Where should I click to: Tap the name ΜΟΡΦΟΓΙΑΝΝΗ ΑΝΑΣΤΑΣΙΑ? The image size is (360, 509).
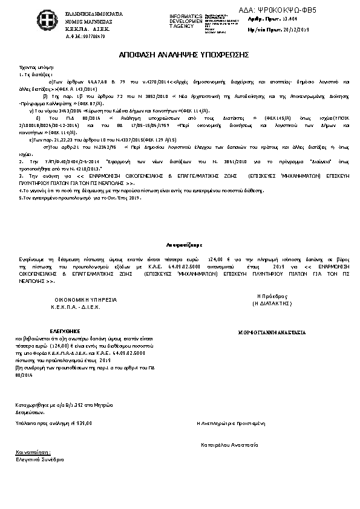coord(272,332)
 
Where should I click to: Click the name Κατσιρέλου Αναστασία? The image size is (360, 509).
coord(230,444)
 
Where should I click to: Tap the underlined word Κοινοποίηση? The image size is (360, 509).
coord(33,452)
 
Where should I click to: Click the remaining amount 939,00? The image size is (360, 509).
coord(84,423)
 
